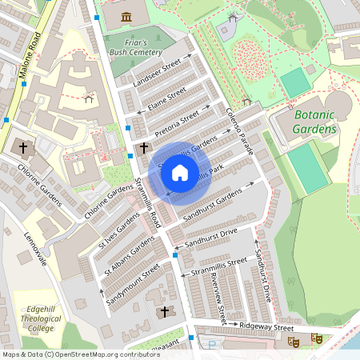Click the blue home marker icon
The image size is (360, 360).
click(180, 173)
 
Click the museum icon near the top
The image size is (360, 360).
click(126, 17)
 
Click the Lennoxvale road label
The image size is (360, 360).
click(36, 250)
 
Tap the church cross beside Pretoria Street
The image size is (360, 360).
click(144, 147)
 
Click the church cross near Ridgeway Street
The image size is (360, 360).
click(166, 311)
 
